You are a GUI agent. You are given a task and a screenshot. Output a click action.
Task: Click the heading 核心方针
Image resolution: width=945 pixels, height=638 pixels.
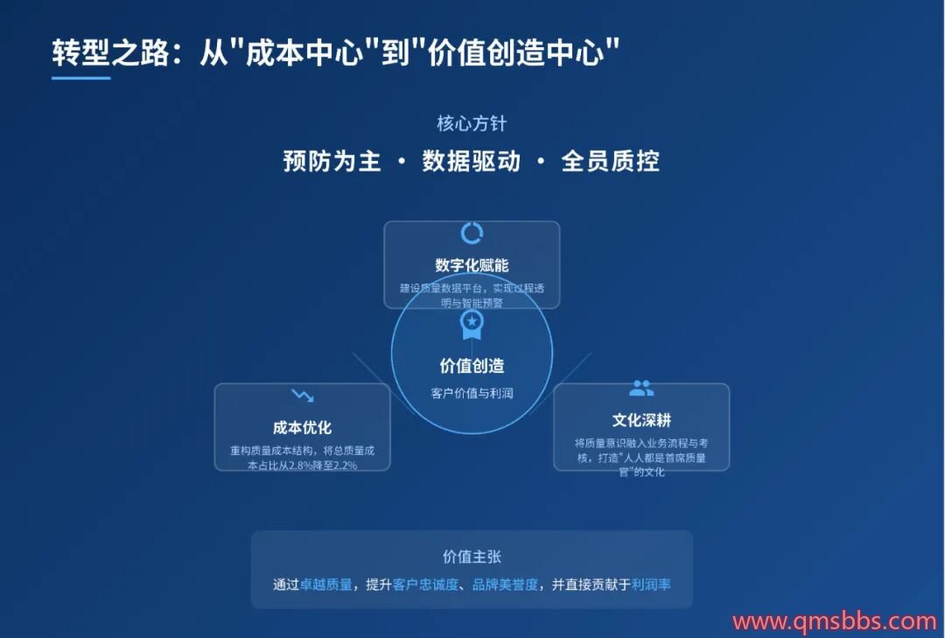[472, 123]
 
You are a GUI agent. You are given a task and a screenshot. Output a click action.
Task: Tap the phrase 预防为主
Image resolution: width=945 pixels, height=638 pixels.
[332, 161]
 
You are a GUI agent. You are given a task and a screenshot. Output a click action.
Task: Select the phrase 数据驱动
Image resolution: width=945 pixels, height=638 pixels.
[471, 161]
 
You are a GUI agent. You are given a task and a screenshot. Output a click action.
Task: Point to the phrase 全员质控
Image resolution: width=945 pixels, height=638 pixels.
[610, 161]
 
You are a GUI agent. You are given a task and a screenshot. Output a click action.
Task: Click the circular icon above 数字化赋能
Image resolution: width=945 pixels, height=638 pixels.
[472, 234]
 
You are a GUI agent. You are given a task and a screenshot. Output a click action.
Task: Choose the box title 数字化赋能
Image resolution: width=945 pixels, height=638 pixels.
[472, 265]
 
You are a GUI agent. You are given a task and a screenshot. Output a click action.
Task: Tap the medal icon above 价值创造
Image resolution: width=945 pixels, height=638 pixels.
[472, 326]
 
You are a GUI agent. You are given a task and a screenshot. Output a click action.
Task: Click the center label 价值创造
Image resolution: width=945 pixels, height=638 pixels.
[472, 366]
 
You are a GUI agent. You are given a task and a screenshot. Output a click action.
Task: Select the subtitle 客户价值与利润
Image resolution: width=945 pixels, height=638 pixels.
[472, 393]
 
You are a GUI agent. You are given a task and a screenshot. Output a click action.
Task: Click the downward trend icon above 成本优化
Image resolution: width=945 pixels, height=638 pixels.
[303, 396]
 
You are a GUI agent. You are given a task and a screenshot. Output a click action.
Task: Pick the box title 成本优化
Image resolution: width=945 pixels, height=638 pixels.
[302, 428]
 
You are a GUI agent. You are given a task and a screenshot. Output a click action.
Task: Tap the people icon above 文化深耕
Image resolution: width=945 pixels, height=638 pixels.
[641, 389]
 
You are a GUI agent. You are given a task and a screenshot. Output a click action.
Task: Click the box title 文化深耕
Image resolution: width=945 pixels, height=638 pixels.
[641, 420]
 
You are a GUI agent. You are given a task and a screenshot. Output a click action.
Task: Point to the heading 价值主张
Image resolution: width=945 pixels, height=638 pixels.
[472, 557]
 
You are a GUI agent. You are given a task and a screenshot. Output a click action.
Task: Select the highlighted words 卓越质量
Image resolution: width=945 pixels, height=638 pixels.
[326, 585]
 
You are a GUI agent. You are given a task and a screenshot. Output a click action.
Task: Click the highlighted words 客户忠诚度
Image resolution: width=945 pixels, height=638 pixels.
[425, 585]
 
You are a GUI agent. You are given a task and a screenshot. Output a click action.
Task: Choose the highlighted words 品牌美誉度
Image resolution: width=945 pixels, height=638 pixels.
[505, 585]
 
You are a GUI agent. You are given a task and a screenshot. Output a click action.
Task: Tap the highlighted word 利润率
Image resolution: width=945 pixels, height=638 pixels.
[651, 585]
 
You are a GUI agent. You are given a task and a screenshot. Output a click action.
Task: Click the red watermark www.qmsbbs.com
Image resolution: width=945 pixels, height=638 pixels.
[835, 621]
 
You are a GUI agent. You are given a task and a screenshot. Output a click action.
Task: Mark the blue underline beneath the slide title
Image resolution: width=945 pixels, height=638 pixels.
[80, 78]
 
